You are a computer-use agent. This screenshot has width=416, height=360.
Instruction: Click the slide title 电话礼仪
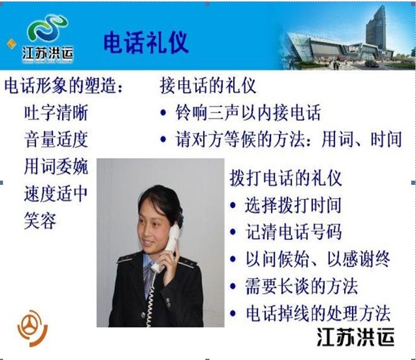pos(146,42)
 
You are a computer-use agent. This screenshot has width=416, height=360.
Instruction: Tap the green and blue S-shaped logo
pos(48,28)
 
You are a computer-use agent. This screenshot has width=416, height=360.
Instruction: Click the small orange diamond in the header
pos(11,44)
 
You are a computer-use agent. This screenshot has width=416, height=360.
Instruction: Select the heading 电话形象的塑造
pos(63,86)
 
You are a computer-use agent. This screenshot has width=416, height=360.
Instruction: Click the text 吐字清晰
pos(56,112)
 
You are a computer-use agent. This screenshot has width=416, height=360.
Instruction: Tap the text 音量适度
pos(56,139)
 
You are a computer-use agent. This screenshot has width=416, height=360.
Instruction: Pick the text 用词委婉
pos(56,166)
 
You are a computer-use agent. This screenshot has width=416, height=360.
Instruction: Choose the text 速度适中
pos(56,193)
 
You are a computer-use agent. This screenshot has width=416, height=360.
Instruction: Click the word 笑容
pos(40,221)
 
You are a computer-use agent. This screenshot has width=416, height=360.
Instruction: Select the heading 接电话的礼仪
pos(208,86)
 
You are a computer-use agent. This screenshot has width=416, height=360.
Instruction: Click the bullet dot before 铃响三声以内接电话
pos(163,112)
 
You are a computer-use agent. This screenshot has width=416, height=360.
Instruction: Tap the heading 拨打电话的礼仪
pos(286,178)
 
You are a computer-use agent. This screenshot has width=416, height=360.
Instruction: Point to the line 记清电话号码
pos(293,232)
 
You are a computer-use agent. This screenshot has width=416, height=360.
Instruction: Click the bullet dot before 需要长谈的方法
pos(233,286)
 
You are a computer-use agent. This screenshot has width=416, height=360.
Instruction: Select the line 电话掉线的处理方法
pos(318,313)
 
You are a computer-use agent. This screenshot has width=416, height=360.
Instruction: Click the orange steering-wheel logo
pos(33,329)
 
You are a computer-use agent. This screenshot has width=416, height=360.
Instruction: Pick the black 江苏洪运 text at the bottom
pos(356,337)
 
